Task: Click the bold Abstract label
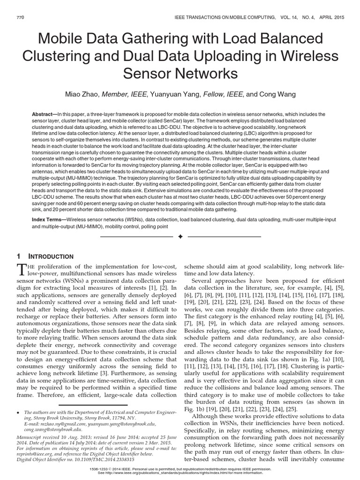click(43, 114)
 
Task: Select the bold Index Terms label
click(47, 219)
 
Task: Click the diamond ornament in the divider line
click(180, 237)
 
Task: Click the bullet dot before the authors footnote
click(17, 412)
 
